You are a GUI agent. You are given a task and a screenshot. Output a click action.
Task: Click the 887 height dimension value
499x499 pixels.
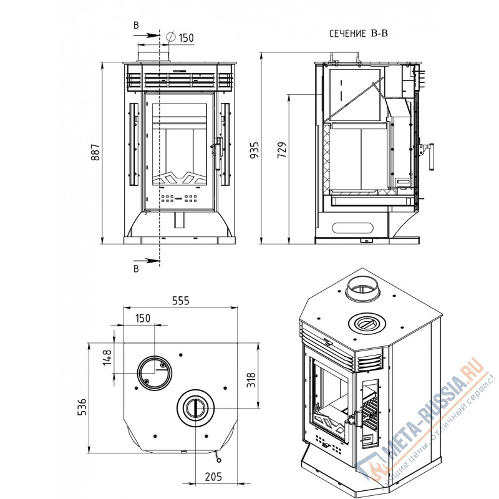tap(95, 153)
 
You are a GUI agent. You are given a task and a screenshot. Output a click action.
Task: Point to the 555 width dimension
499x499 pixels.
tap(180, 301)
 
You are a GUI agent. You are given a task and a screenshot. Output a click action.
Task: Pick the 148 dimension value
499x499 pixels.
tap(107, 359)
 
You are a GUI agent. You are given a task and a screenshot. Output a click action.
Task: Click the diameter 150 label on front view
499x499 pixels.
tap(185, 38)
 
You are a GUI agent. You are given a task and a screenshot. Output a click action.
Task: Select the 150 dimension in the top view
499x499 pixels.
tap(143, 318)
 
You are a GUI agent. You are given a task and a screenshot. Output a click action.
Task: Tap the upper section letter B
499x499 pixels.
tap(136, 25)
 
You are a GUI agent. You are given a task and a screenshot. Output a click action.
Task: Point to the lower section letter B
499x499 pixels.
tap(136, 269)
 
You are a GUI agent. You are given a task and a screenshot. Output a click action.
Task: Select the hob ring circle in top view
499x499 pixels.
tap(196, 409)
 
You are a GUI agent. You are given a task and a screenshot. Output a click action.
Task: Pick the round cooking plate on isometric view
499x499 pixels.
tap(368, 324)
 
